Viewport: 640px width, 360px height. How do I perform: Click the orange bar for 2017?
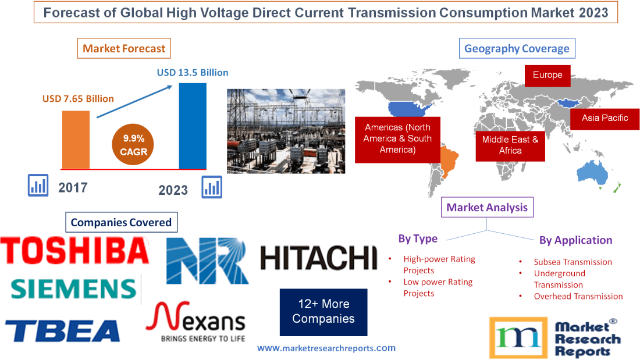coord(76,139)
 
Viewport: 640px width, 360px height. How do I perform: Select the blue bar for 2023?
coord(193,125)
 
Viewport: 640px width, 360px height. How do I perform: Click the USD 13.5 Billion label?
coord(193,73)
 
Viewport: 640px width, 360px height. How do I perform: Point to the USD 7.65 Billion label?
coord(78,99)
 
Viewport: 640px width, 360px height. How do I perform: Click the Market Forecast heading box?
coord(124,48)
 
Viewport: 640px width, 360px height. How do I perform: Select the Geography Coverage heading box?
coord(517,48)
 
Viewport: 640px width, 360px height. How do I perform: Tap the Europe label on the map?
coord(547,75)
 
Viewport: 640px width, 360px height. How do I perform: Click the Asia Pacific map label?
coord(605,118)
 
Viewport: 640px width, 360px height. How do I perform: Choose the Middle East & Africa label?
coord(510,145)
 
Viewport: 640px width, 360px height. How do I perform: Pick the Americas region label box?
coord(397,138)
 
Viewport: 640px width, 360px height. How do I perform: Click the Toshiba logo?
coord(74,251)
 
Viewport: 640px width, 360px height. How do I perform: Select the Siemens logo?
coord(73,288)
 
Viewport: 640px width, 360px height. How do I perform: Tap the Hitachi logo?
coord(318,258)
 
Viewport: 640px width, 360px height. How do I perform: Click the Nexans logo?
coord(195,322)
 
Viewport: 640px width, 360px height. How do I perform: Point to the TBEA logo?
coord(63,330)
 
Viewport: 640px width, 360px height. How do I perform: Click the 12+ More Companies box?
coord(323,312)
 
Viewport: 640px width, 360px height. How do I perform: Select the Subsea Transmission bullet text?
coord(573,262)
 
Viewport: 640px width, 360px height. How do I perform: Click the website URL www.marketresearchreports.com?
coord(326,348)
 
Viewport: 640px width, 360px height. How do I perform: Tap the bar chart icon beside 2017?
coord(38,186)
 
